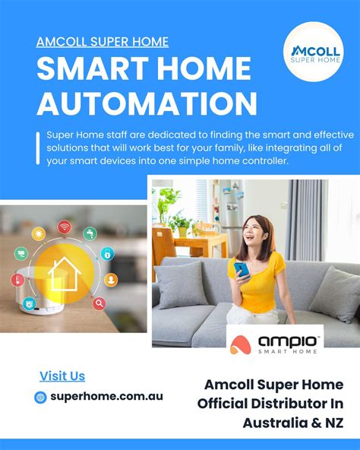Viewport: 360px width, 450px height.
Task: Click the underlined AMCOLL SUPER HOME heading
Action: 103,42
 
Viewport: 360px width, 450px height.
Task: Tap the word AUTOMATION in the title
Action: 147,103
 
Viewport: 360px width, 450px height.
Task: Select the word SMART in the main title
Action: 90,71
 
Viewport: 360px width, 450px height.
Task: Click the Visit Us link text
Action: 62,376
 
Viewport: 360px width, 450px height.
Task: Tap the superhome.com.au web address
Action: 106,397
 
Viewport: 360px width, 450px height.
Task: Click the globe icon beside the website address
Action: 41,397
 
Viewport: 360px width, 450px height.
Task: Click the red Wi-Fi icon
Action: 65,227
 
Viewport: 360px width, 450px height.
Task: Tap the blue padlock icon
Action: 108,254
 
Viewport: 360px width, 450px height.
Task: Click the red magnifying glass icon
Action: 99,303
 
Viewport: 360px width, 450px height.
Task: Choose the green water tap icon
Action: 90,232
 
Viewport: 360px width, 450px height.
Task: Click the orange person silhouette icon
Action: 112,279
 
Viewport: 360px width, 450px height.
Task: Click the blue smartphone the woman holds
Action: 242,269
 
